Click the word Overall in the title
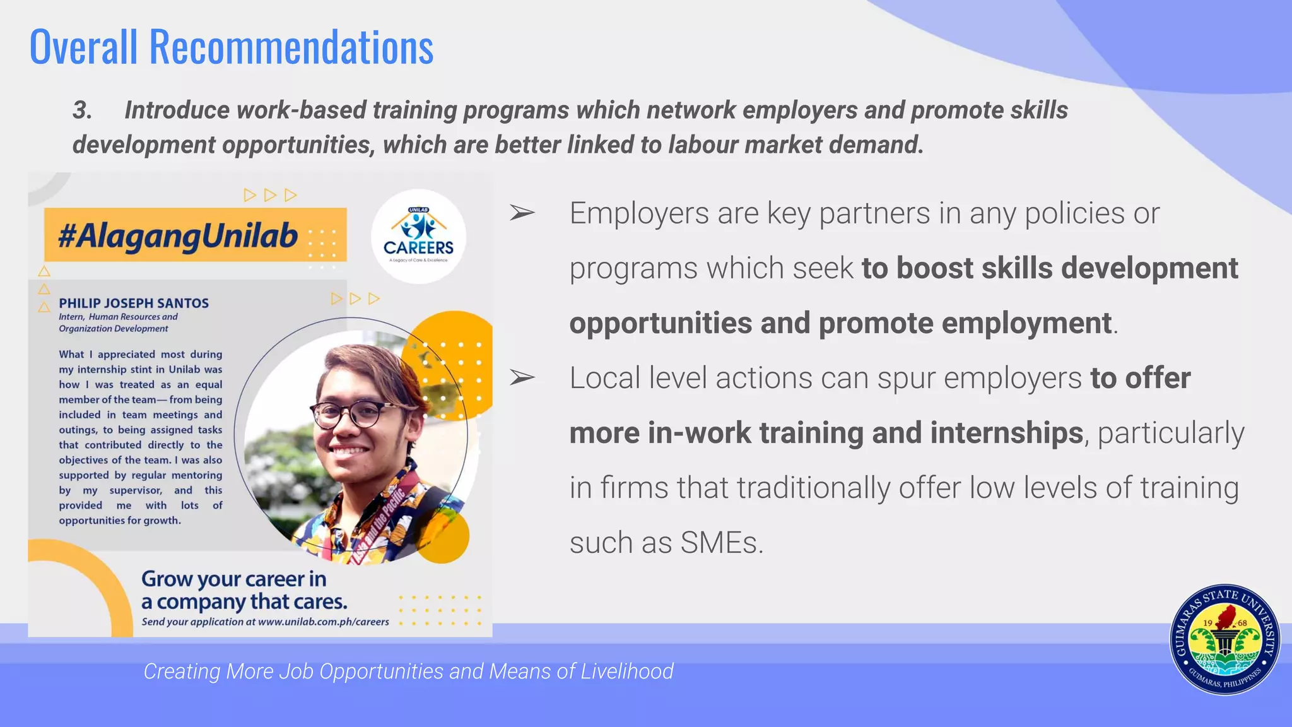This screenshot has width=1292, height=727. (83, 47)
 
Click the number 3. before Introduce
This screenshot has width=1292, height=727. (82, 110)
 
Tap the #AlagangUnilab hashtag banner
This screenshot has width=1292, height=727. (179, 235)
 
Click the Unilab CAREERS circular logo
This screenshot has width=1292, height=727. (418, 237)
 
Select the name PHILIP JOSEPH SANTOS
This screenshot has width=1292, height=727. (134, 303)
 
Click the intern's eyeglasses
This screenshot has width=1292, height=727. (353, 415)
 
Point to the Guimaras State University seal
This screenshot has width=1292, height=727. (1224, 639)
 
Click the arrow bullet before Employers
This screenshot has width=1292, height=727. (522, 213)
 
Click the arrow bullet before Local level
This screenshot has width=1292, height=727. (522, 378)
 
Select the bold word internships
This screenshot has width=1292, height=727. (1006, 433)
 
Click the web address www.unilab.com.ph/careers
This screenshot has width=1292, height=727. (323, 622)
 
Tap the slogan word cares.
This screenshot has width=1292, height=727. (320, 602)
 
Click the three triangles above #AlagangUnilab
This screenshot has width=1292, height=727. (270, 195)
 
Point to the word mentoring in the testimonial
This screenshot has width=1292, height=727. (197, 475)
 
